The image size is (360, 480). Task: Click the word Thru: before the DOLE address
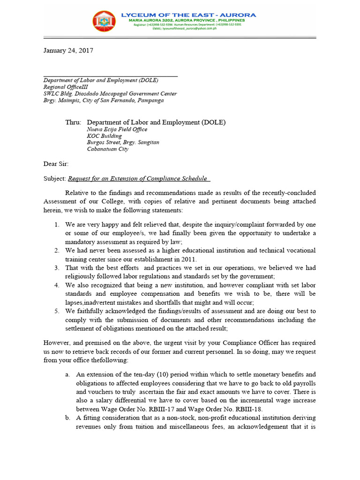click(73, 122)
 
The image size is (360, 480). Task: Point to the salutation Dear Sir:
click(56, 164)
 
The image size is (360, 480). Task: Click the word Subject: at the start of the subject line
click(55, 178)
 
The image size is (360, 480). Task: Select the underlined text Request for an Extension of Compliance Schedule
click(138, 178)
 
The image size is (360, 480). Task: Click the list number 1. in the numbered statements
click(57, 225)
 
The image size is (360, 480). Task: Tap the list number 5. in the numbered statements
click(57, 311)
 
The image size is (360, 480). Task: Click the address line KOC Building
click(105, 136)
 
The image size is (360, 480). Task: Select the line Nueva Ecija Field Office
click(117, 129)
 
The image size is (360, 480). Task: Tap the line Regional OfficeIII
click(65, 87)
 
